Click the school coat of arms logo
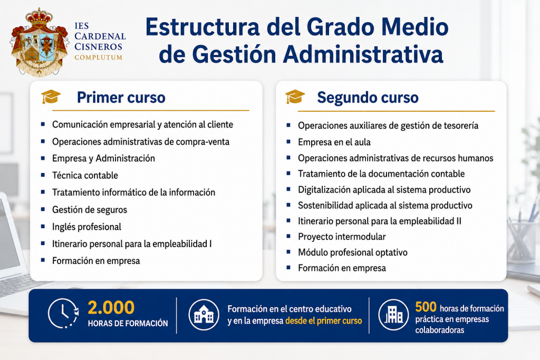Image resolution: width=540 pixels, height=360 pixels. [39, 42]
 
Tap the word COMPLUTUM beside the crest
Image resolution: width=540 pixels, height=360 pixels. [99, 57]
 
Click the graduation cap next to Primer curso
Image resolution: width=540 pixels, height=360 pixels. [51, 96]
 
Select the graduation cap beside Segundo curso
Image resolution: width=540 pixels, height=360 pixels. [295, 96]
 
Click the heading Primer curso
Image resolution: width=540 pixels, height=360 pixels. [121, 98]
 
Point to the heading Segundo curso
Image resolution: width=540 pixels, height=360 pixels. [368, 98]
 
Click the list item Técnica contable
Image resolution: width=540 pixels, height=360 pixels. [85, 175]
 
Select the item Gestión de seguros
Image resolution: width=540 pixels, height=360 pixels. [90, 210]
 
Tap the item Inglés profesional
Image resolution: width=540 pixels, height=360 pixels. [86, 227]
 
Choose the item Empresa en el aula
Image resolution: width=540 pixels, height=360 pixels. [334, 142]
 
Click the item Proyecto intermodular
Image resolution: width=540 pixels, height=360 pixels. [342, 237]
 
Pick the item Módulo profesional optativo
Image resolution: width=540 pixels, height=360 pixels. [353, 252]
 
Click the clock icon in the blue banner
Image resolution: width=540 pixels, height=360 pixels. [63, 313]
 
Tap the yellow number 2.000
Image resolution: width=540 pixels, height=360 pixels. [111, 307]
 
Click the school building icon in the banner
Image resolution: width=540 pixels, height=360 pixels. [204, 315]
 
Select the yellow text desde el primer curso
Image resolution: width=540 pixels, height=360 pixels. [324, 321]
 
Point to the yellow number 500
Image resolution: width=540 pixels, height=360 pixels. [426, 306]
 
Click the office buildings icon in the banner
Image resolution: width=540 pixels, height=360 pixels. [393, 315]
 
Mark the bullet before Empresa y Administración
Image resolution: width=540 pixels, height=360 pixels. [43, 158]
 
